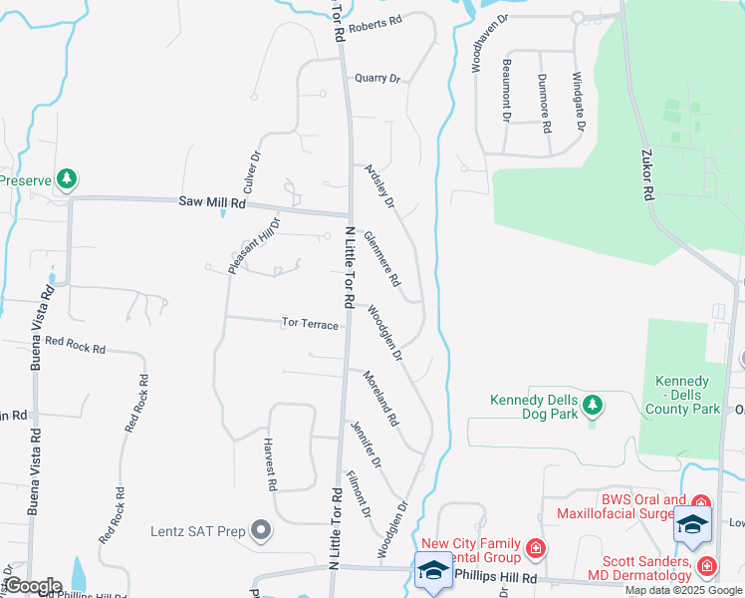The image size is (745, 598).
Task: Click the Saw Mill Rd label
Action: pos(212,200)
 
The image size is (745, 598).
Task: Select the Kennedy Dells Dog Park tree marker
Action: pos(593,404)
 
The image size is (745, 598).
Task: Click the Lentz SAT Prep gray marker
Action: pos(261,530)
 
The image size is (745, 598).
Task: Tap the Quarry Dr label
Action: pos(376,78)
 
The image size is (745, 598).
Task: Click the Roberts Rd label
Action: pos(374,21)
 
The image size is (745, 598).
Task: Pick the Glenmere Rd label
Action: pos(381,258)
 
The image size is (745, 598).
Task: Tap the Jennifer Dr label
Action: pos(365,445)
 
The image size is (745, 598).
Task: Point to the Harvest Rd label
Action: pos(269,465)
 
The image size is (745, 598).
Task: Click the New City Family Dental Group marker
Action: pos(537,548)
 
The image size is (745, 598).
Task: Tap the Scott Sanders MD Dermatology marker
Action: pos(706,566)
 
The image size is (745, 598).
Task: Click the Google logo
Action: pos(33,586)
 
